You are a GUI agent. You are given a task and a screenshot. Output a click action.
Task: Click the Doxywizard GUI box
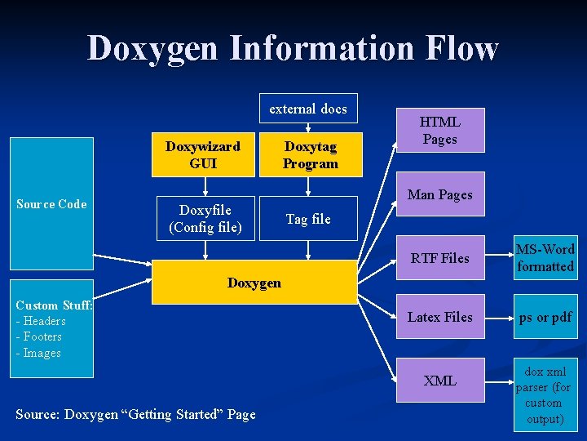203,154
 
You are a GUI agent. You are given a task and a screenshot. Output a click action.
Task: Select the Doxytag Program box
309,154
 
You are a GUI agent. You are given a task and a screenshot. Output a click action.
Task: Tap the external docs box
308,109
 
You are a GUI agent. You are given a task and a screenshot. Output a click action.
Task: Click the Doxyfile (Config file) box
205,218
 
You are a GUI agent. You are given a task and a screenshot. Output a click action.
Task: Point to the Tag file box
308,218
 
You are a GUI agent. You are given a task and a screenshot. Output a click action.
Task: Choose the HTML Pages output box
439,130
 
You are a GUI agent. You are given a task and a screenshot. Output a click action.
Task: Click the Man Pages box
439,194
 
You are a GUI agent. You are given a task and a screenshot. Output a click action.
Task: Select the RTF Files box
439,258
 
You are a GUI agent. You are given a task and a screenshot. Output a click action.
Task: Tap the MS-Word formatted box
545,258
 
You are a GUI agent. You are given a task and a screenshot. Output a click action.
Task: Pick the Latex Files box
439,317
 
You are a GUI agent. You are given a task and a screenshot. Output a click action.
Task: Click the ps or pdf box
545,317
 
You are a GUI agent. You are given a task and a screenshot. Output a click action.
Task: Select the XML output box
439,381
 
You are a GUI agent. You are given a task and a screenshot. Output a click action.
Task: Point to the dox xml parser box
545,395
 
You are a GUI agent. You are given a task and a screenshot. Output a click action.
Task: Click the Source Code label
51,204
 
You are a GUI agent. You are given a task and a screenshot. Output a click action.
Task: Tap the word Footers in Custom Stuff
42,336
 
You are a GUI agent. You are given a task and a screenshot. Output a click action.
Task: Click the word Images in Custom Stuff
42,353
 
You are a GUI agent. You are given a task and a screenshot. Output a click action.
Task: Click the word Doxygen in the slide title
152,48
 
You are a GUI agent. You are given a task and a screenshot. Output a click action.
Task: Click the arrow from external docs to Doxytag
308,127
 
